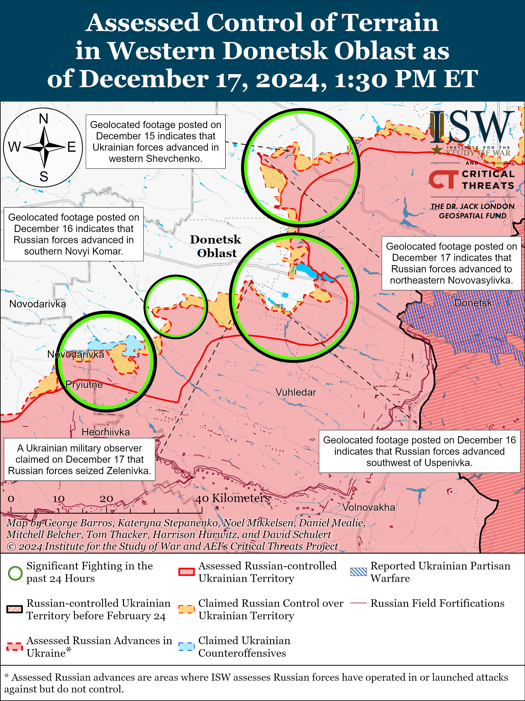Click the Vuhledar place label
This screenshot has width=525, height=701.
click(296, 392)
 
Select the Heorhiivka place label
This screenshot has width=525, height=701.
click(105, 432)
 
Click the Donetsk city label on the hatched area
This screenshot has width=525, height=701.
click(473, 303)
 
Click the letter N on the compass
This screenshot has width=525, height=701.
click(44, 119)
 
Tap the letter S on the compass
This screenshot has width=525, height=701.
click(44, 176)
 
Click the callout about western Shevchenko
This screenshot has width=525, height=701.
click(156, 142)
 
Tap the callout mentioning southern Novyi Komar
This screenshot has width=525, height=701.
click(73, 234)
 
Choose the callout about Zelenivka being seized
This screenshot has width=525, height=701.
click(79, 460)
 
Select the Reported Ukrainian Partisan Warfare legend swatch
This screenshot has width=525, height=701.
click(358, 572)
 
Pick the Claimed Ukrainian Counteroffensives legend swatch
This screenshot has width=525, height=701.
click(186, 646)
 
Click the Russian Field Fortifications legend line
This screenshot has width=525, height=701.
click(358, 603)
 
